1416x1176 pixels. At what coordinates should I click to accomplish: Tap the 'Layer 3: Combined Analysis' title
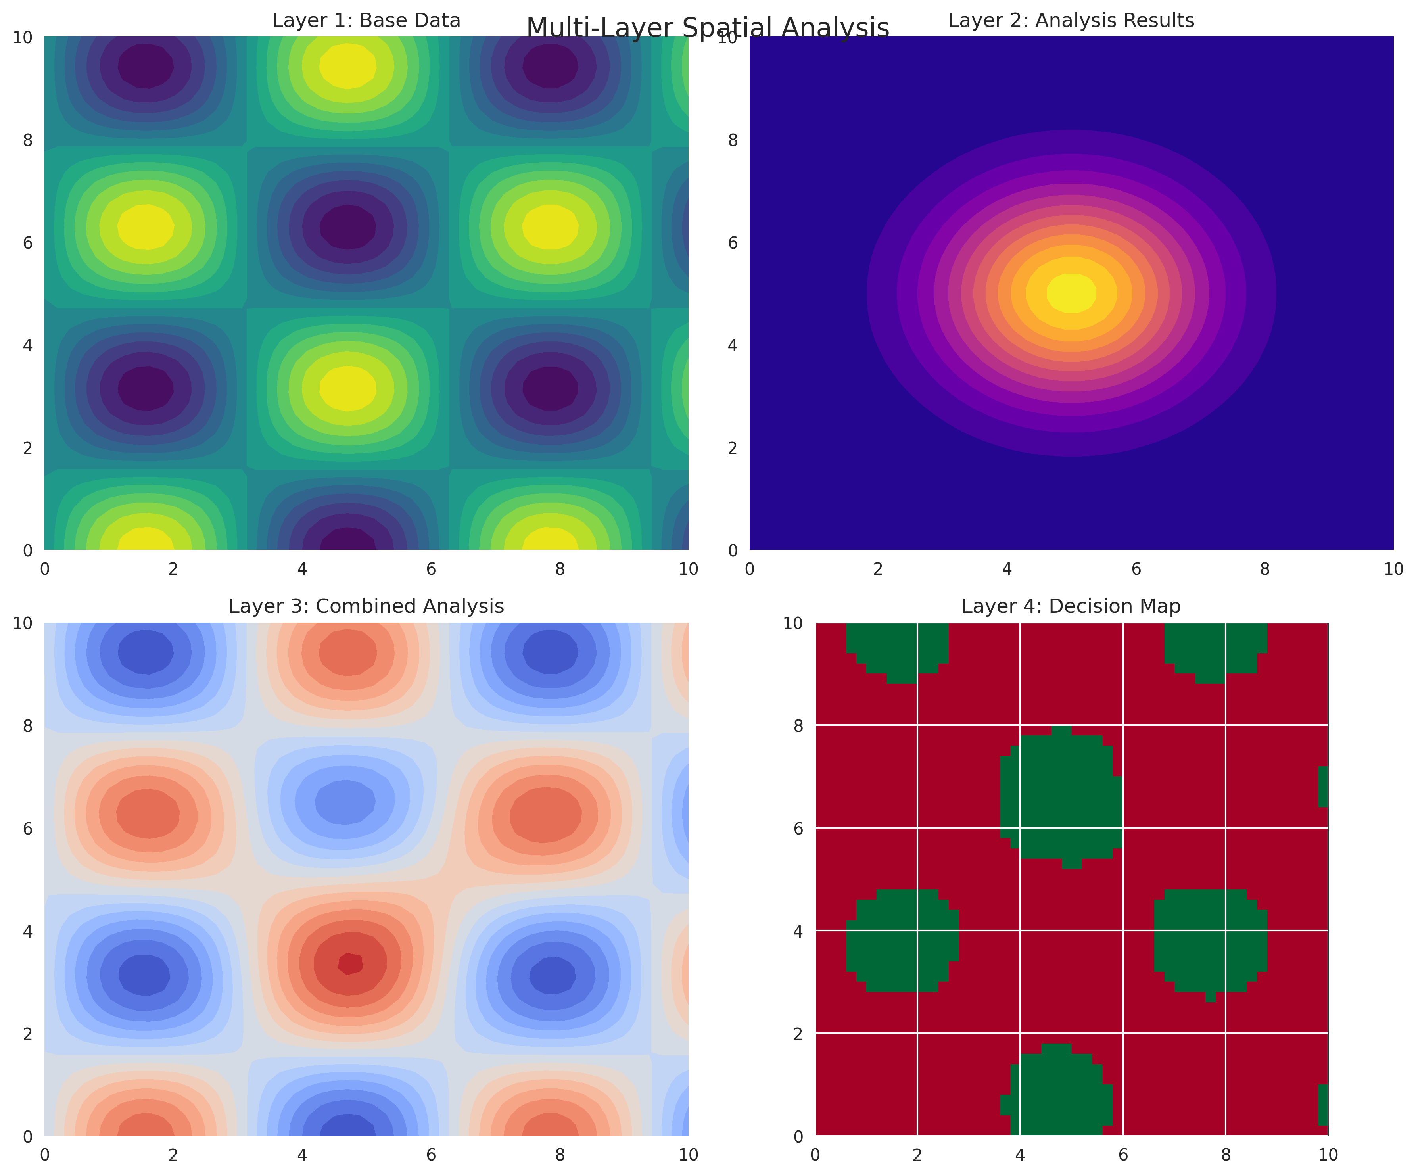coord(366,606)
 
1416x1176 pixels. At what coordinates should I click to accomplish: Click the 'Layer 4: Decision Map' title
coord(1071,606)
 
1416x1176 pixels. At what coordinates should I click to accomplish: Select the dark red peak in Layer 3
coord(350,963)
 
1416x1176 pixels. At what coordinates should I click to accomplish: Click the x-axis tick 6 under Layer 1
coord(431,569)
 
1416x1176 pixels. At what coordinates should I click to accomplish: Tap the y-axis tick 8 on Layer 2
coord(733,140)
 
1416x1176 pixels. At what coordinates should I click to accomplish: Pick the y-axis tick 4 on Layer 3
coord(28,931)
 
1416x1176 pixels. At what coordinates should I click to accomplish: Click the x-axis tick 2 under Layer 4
coord(917,1155)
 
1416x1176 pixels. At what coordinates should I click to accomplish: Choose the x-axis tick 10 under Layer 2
coord(1393,569)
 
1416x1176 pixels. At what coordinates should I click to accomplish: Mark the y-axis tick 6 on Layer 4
coord(798,828)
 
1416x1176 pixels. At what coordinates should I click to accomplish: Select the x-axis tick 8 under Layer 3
coord(560,1155)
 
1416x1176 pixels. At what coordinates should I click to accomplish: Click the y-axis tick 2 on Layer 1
coord(28,448)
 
